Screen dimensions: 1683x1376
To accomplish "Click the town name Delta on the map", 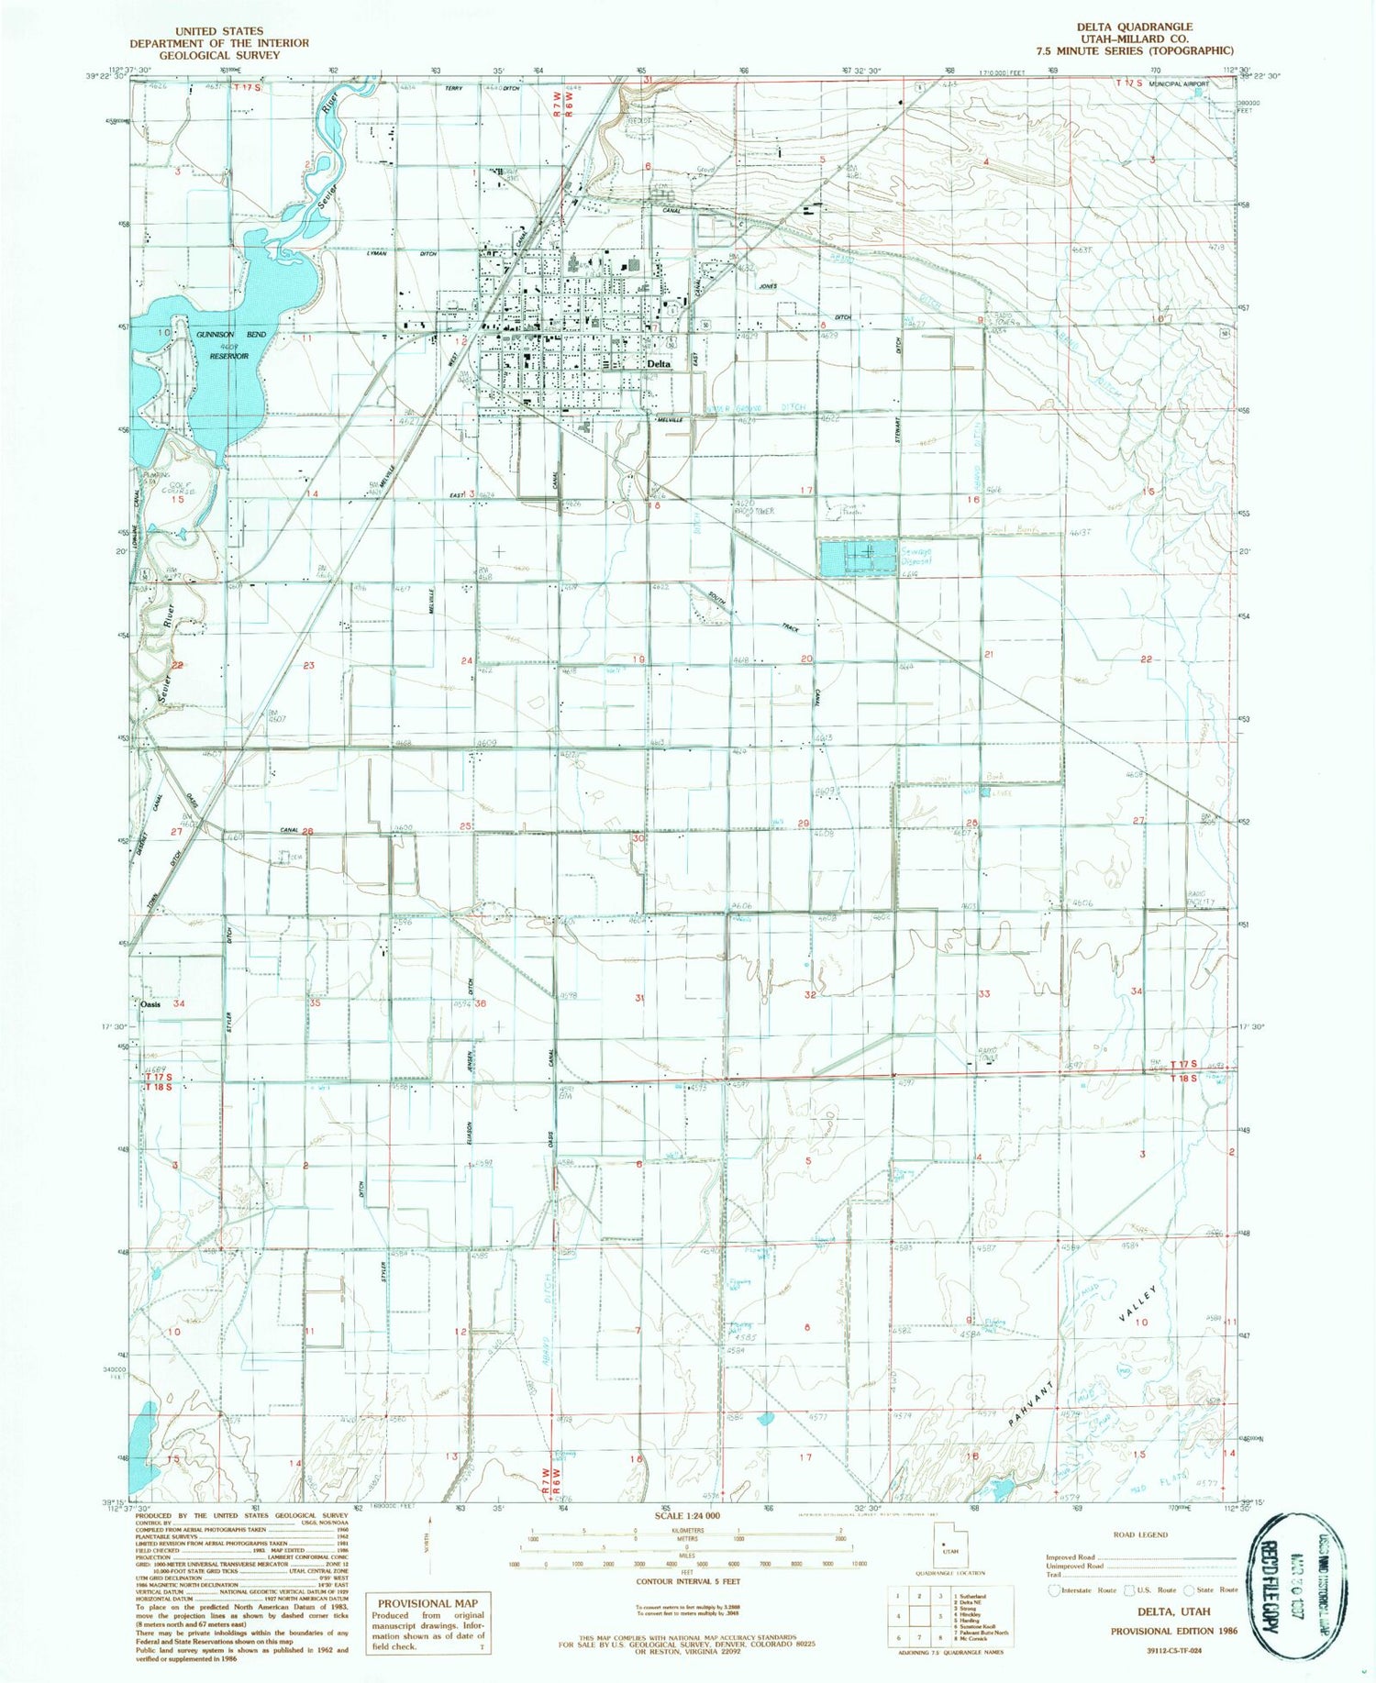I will [659, 364].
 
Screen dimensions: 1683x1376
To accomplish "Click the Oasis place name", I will [151, 1003].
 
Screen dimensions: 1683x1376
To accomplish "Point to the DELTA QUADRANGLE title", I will [1134, 28].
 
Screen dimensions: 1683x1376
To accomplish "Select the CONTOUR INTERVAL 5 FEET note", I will [687, 1581].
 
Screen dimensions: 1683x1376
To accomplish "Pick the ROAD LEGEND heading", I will [1140, 1534].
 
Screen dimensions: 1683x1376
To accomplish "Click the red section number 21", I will [989, 654].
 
